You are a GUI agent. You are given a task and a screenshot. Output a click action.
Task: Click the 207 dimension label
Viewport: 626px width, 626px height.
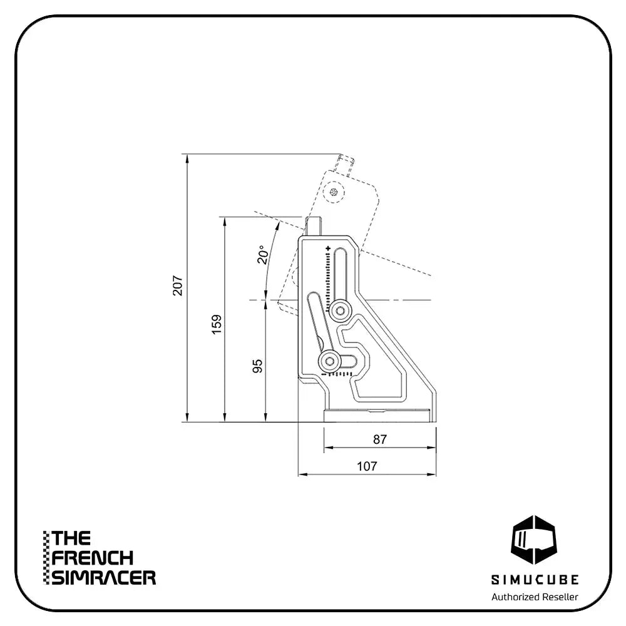click(x=178, y=285)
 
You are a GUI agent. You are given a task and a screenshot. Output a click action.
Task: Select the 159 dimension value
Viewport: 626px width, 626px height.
click(x=217, y=324)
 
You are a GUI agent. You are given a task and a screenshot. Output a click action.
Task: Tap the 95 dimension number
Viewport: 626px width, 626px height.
click(x=258, y=366)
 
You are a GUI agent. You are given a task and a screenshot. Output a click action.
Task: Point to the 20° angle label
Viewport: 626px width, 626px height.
click(x=263, y=254)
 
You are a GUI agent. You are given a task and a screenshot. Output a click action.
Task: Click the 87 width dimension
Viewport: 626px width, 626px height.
click(x=380, y=439)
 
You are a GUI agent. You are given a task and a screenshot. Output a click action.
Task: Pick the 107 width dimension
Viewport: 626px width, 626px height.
click(x=367, y=466)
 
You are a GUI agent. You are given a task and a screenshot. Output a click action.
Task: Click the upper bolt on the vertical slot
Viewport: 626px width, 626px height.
click(x=340, y=310)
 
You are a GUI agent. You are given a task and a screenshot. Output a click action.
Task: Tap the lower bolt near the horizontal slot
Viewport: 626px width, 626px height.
click(x=329, y=362)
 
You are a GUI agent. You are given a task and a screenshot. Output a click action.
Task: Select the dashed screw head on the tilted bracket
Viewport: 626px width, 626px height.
click(x=333, y=192)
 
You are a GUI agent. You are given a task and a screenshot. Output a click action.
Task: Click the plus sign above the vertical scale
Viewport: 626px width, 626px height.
click(x=328, y=249)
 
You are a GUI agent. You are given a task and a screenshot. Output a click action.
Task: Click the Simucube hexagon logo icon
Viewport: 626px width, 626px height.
click(x=534, y=540)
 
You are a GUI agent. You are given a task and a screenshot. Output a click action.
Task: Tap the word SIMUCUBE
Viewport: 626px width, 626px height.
click(x=535, y=579)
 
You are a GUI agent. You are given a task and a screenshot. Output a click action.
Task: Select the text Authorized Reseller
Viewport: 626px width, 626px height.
click(x=535, y=597)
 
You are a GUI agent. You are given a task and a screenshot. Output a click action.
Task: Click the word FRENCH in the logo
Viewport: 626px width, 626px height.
click(x=92, y=558)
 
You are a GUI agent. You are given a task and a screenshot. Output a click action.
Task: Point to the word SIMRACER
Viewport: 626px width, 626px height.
click(x=104, y=577)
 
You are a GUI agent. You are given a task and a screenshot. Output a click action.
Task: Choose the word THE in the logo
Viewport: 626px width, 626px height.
click(x=71, y=538)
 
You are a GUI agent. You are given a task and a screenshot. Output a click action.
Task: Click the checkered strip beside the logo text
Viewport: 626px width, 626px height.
click(x=46, y=558)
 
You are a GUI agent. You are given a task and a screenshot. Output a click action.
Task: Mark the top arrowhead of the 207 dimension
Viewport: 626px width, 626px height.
click(x=187, y=158)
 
